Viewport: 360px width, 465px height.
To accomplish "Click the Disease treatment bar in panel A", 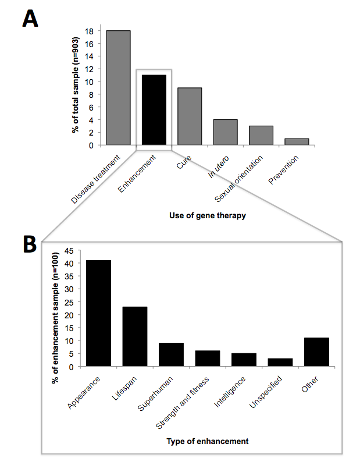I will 118,87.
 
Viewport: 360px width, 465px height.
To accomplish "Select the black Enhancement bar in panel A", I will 154,110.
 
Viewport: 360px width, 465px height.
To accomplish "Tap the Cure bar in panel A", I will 190,116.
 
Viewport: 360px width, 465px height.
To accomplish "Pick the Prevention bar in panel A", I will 297,142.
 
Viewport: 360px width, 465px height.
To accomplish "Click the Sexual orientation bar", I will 261,136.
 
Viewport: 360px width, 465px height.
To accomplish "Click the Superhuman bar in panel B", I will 171,354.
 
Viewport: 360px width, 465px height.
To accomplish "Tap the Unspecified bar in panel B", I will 280,363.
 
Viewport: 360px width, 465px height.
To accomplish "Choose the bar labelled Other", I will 316,352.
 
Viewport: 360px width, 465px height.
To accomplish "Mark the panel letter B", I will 31,245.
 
